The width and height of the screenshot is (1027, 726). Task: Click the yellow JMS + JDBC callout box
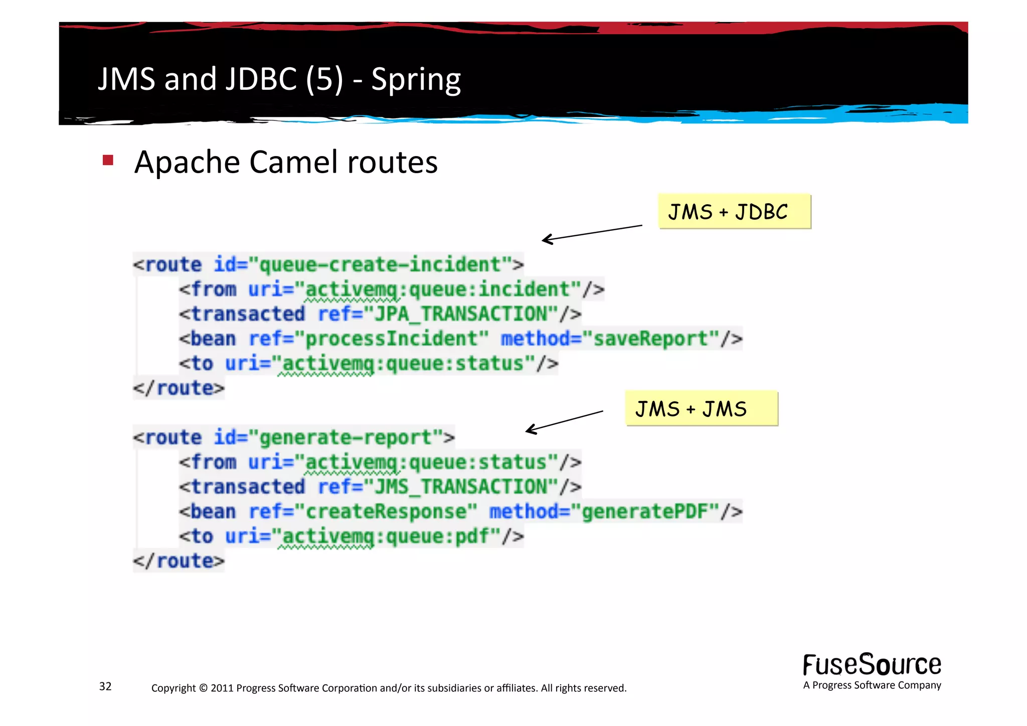pos(734,211)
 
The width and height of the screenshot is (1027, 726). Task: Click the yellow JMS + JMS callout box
pos(701,408)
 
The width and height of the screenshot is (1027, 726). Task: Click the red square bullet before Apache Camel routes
pos(108,161)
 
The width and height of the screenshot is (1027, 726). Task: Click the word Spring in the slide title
pos(416,79)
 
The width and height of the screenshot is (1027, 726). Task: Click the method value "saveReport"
pos(650,339)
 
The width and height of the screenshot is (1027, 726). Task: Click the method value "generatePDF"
pos(644,512)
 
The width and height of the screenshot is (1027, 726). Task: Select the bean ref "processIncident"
pos(391,339)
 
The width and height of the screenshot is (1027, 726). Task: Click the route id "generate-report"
pos(346,438)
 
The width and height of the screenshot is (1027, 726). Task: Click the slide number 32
pos(105,686)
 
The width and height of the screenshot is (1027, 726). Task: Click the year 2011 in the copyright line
pos(222,688)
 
